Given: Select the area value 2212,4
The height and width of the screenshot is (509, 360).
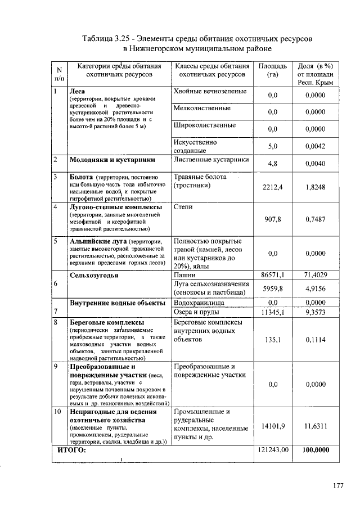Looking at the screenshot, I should pyautogui.click(x=273, y=187).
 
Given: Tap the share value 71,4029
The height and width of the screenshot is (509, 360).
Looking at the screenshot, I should pyautogui.click(x=316, y=275).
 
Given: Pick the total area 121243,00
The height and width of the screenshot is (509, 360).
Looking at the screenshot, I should pyautogui.click(x=273, y=451).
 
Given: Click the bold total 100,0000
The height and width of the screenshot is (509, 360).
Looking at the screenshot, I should pyautogui.click(x=316, y=451).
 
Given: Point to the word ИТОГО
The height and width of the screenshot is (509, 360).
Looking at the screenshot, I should pyautogui.click(x=72, y=451).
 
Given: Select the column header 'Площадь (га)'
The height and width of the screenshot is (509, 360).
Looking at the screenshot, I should pyautogui.click(x=273, y=70).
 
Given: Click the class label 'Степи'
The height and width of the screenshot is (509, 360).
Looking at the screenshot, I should pyautogui.click(x=183, y=207).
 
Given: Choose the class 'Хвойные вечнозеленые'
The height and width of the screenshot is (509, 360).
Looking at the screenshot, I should pyautogui.click(x=210, y=91).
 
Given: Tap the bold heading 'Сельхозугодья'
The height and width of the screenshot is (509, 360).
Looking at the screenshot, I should pyautogui.click(x=93, y=275).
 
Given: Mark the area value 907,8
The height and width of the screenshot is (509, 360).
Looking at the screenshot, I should pyautogui.click(x=273, y=219).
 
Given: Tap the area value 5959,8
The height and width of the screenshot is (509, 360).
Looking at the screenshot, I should pyautogui.click(x=273, y=288).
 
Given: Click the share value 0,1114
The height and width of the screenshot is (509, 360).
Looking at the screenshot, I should pyautogui.click(x=316, y=340).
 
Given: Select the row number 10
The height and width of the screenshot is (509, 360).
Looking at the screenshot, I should pyautogui.click(x=57, y=411).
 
